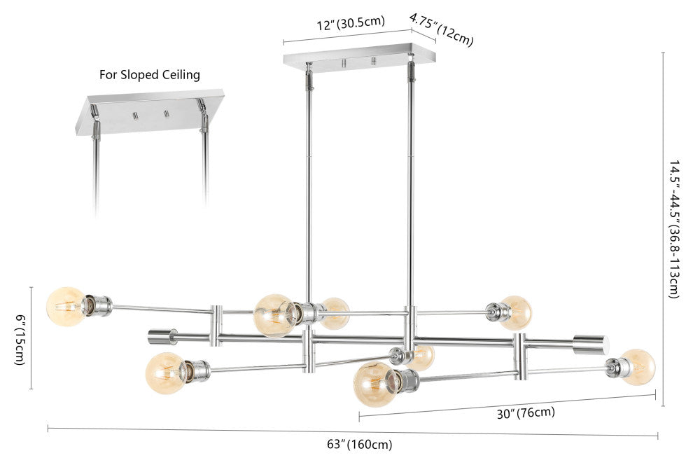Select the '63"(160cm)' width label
pyautogui.click(x=359, y=444)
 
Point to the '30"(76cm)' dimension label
pyautogui.click(x=526, y=412)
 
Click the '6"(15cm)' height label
pyautogui.click(x=20, y=339)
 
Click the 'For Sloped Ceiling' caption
pyautogui.click(x=149, y=74)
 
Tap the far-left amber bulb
pyautogui.click(x=64, y=306)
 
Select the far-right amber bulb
pyautogui.click(x=638, y=366)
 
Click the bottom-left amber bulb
pyautogui.click(x=165, y=372)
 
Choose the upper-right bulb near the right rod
pyautogui.click(x=517, y=312)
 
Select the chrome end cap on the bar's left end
pyautogui.click(x=162, y=337)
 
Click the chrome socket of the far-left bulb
pyautogui.click(x=97, y=306)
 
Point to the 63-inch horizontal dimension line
pyautogui.click(x=350, y=431)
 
